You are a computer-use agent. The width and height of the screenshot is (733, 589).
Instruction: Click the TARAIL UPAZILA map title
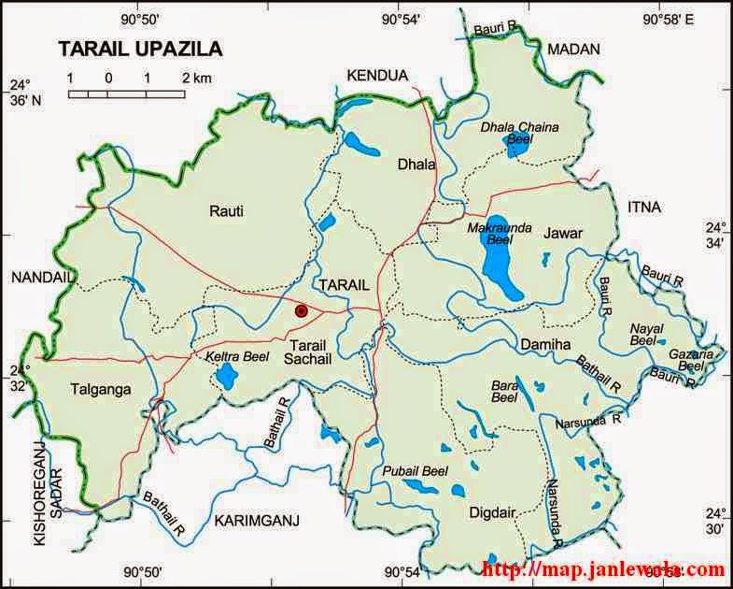click(141, 49)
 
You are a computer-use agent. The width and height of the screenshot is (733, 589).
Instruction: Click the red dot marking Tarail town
click(301, 310)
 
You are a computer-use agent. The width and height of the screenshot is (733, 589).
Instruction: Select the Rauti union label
click(227, 211)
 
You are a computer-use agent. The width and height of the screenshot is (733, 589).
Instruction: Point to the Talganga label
click(99, 389)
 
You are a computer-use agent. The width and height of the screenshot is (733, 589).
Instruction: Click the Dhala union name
click(416, 165)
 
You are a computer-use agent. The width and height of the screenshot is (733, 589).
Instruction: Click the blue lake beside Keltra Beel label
click(226, 376)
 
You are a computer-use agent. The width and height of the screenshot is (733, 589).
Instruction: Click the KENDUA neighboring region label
click(377, 75)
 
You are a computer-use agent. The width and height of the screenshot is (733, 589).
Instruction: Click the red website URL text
click(603, 568)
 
